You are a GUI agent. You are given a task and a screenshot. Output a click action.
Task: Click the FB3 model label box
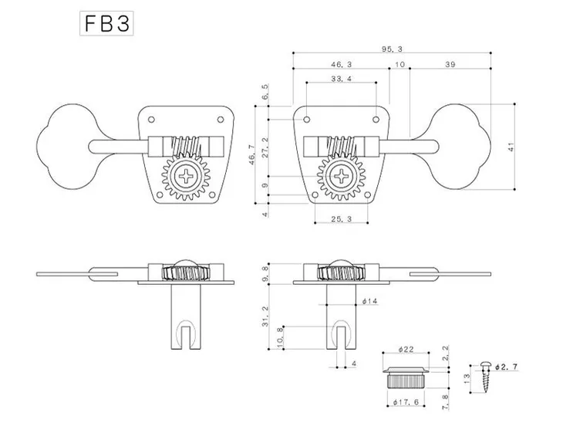[x=106, y=24]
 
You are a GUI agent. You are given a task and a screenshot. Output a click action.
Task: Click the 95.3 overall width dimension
[x=392, y=49]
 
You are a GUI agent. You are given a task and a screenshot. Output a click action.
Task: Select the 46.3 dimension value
[x=342, y=64]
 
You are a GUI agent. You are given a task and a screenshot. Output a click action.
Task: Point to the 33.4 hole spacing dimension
[x=342, y=79]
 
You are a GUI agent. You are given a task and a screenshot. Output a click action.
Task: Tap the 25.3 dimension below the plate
[x=342, y=218]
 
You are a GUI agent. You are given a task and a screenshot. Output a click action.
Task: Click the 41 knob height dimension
[x=511, y=147]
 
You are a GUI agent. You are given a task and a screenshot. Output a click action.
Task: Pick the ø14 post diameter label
[x=369, y=301]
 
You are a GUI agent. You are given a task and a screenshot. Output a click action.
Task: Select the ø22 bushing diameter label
[x=406, y=349]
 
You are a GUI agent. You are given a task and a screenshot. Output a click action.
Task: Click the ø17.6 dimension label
[x=406, y=402]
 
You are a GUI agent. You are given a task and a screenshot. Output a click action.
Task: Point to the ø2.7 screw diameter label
[x=506, y=367]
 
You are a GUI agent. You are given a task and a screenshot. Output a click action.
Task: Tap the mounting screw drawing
[x=486, y=377]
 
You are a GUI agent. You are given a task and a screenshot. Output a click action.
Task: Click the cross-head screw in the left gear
[x=186, y=176]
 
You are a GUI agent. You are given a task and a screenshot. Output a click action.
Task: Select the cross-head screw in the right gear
[x=341, y=176]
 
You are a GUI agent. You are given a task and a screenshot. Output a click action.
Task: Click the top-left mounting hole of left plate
[x=151, y=120]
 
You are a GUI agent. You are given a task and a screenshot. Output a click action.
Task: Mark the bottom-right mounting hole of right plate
[x=368, y=195]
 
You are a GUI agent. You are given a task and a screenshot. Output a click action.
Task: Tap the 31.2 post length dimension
[x=265, y=316]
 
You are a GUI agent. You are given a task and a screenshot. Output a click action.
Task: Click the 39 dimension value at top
[x=450, y=64]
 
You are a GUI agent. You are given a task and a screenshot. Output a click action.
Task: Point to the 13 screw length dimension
[x=467, y=379]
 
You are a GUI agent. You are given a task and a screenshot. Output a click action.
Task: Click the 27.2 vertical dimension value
[x=265, y=147]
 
